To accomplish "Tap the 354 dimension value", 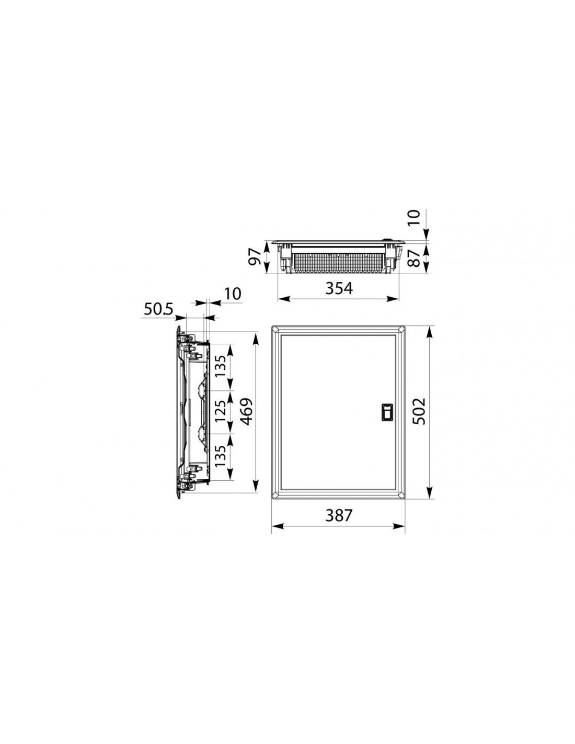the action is coord(338,288).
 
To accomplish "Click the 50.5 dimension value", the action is coord(159,309).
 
